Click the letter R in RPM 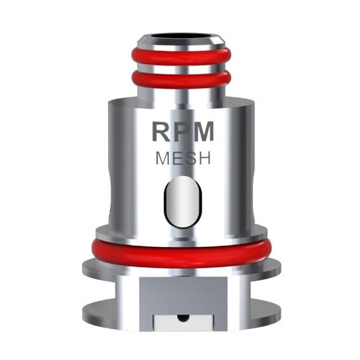(x=159, y=132)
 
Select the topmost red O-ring (x=179, y=58)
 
